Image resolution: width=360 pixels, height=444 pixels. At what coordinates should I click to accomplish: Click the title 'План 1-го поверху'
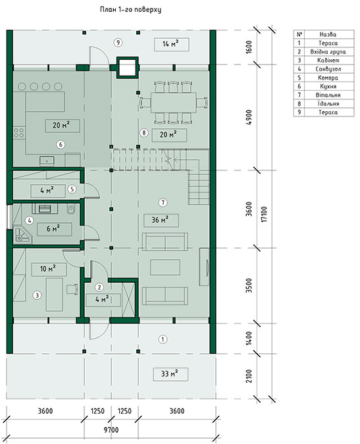[130, 10]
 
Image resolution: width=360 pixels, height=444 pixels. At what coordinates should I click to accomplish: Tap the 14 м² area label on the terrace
[171, 44]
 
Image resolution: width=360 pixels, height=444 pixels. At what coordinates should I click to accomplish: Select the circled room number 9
[118, 43]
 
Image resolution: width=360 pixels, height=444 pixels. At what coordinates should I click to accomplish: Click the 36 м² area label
[161, 220]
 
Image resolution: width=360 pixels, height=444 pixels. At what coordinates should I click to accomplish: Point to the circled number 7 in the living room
[163, 203]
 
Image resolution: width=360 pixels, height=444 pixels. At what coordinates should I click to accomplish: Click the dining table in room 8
[173, 103]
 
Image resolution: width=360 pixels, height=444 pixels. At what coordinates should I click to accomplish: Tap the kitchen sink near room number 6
[47, 160]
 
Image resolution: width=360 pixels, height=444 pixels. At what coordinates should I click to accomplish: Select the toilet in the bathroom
[70, 209]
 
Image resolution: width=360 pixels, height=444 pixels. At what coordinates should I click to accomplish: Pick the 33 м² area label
[170, 374]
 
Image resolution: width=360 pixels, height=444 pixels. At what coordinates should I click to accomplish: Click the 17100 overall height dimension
[264, 214]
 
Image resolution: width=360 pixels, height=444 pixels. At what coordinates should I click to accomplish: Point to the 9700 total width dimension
[111, 430]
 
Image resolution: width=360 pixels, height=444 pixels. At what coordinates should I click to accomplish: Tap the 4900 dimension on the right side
[249, 118]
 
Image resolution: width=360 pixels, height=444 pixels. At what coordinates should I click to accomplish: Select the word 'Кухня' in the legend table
[328, 86]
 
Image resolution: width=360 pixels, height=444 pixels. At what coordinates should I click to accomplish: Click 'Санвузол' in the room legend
[328, 69]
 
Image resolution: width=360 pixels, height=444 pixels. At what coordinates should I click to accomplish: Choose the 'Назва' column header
[328, 35]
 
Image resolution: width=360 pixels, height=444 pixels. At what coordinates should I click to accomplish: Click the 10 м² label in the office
[49, 269]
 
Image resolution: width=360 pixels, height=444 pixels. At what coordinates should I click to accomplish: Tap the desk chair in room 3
[72, 289]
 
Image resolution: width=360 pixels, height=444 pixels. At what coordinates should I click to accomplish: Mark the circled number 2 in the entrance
[99, 287]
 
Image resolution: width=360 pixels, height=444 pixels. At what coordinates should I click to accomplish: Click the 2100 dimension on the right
[249, 376]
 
